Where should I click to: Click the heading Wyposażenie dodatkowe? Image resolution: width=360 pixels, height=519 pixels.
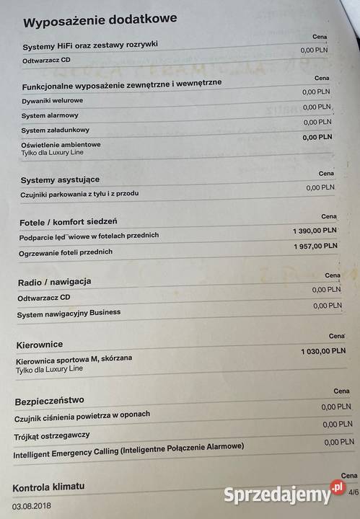pyautogui.click(x=100, y=22)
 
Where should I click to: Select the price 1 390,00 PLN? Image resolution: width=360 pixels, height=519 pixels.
pyautogui.click(x=315, y=230)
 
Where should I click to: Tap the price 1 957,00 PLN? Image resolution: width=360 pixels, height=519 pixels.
pyautogui.click(x=315, y=247)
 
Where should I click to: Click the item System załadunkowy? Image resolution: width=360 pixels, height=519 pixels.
pyautogui.click(x=56, y=130)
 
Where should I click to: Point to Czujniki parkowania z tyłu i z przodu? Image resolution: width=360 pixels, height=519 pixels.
pyautogui.click(x=79, y=194)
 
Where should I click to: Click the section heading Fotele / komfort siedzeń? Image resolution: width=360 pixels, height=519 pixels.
pyautogui.click(x=69, y=221)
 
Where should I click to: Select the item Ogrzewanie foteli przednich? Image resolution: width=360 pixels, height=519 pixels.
pyautogui.click(x=66, y=252)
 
